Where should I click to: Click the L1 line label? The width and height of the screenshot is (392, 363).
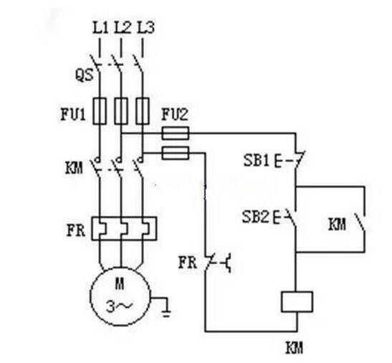point(100,27)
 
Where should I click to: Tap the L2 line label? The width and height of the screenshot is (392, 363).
point(123,27)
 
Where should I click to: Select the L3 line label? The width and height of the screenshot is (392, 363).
point(145,27)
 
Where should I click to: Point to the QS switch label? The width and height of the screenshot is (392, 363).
point(85,75)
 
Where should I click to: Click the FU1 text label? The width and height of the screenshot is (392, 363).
point(73,114)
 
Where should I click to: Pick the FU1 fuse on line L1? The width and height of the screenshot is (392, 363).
point(100,111)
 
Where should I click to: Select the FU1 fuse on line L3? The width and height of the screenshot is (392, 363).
point(143,111)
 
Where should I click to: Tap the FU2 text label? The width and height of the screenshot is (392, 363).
point(175,114)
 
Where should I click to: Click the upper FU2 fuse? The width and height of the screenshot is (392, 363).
point(176,133)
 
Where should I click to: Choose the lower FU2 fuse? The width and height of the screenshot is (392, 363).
point(176,153)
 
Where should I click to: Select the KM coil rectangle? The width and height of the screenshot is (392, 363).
point(297,301)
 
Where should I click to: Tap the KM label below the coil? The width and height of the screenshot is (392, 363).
point(295,347)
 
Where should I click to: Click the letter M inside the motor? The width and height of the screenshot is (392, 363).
point(120,283)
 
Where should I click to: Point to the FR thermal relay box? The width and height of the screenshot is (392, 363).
point(124,229)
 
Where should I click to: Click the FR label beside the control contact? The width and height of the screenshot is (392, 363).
point(188,263)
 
